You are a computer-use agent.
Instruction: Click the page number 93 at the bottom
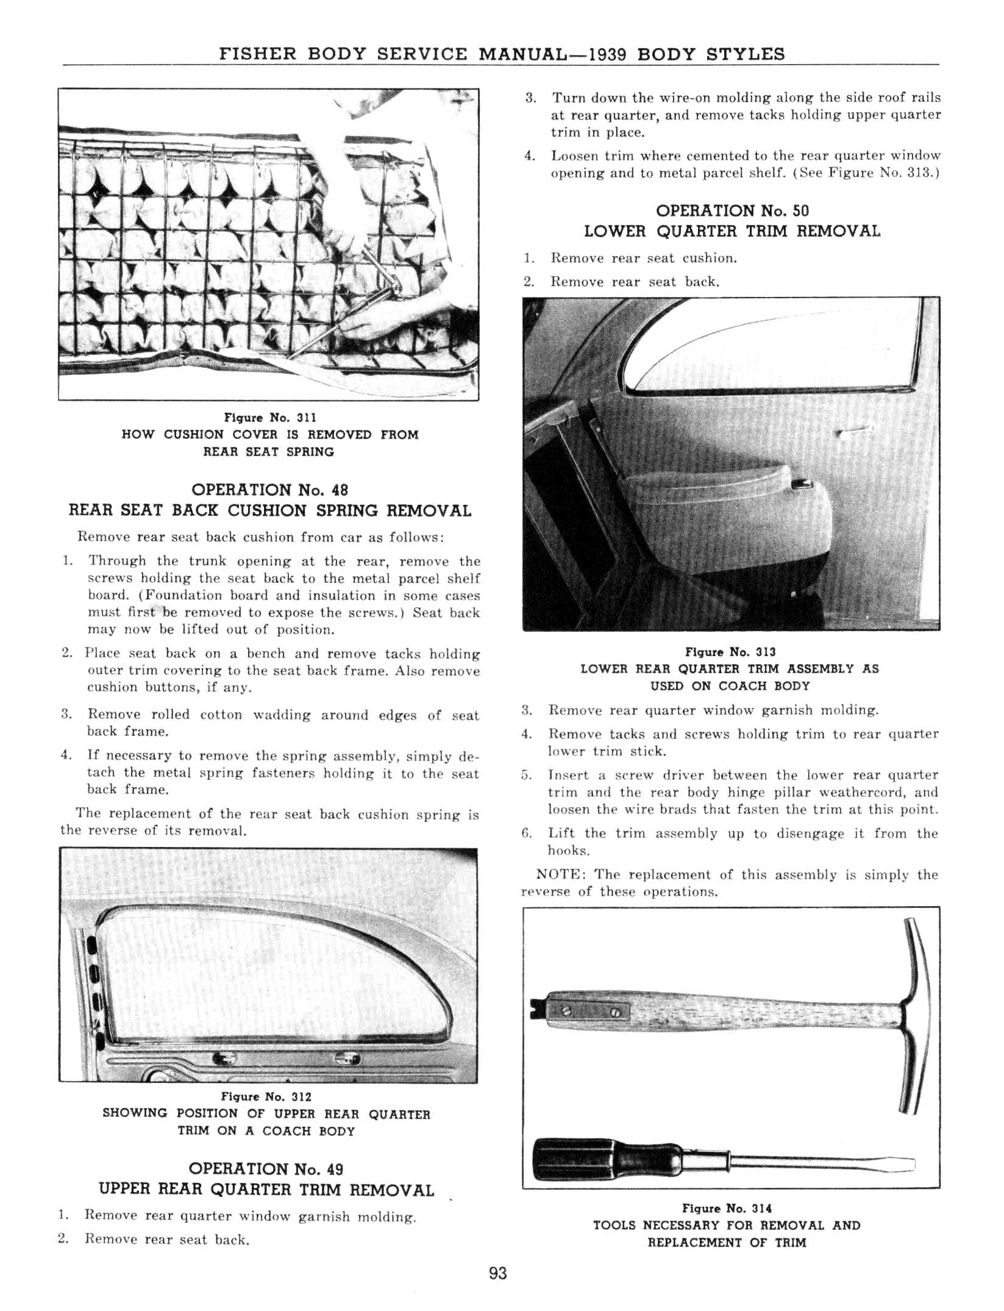[x=497, y=1274]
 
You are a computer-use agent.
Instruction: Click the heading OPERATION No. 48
[x=269, y=490]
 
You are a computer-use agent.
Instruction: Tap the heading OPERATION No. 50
[x=732, y=211]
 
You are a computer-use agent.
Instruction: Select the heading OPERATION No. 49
[x=266, y=1169]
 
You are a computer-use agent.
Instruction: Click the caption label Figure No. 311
[x=269, y=418]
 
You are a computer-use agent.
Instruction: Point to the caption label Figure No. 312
[x=267, y=1097]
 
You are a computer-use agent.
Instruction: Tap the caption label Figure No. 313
[x=730, y=652]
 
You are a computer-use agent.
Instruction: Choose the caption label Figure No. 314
[x=727, y=1208]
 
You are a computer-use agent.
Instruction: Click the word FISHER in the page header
[x=258, y=54]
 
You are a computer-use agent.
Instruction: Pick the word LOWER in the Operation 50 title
[x=615, y=232]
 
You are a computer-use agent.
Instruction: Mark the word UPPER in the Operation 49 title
[x=126, y=1190]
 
